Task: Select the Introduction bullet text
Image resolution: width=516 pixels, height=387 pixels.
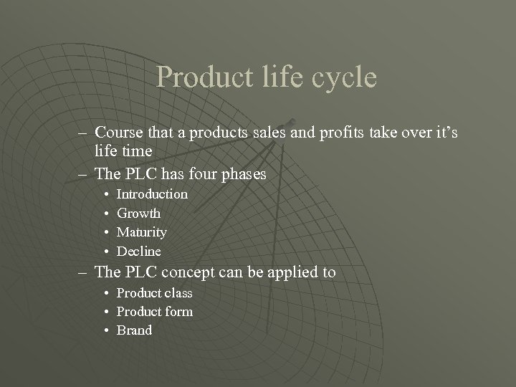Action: coord(152,194)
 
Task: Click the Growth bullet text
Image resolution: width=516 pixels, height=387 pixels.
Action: coord(138,214)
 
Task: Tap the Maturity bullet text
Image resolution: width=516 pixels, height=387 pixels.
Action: coord(142,232)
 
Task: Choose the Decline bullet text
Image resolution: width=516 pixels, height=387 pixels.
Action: coord(139,252)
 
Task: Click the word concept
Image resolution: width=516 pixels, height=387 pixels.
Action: coord(187,272)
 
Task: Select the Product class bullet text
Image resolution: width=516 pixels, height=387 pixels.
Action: coord(154,293)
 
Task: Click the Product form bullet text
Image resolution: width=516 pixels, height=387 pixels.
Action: coord(154,312)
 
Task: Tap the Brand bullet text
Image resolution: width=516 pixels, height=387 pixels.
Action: coord(134,330)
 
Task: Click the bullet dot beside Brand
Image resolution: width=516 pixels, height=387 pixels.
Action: coord(106,330)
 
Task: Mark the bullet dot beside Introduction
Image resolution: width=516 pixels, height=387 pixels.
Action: coord(106,194)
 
